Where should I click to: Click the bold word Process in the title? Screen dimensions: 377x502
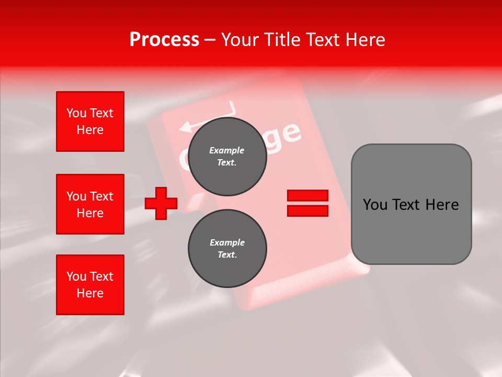click(x=164, y=40)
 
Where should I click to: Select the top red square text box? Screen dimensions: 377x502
click(x=90, y=121)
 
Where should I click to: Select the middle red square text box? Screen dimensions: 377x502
click(x=90, y=204)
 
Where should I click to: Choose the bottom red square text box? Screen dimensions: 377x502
click(x=90, y=285)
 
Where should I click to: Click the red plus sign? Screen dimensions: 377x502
click(x=161, y=203)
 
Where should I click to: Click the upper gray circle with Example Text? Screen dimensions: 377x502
click(x=227, y=156)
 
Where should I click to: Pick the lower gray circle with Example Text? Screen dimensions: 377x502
click(x=227, y=248)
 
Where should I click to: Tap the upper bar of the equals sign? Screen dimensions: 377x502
click(x=307, y=195)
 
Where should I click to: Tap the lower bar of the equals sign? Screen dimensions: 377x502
click(x=307, y=210)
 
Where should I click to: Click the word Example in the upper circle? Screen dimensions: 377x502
click(x=227, y=150)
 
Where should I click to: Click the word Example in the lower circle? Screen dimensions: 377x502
click(x=227, y=242)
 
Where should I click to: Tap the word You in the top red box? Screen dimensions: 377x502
click(x=76, y=113)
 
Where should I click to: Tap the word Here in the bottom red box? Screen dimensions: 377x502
click(x=90, y=293)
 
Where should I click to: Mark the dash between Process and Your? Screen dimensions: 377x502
click(x=210, y=40)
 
